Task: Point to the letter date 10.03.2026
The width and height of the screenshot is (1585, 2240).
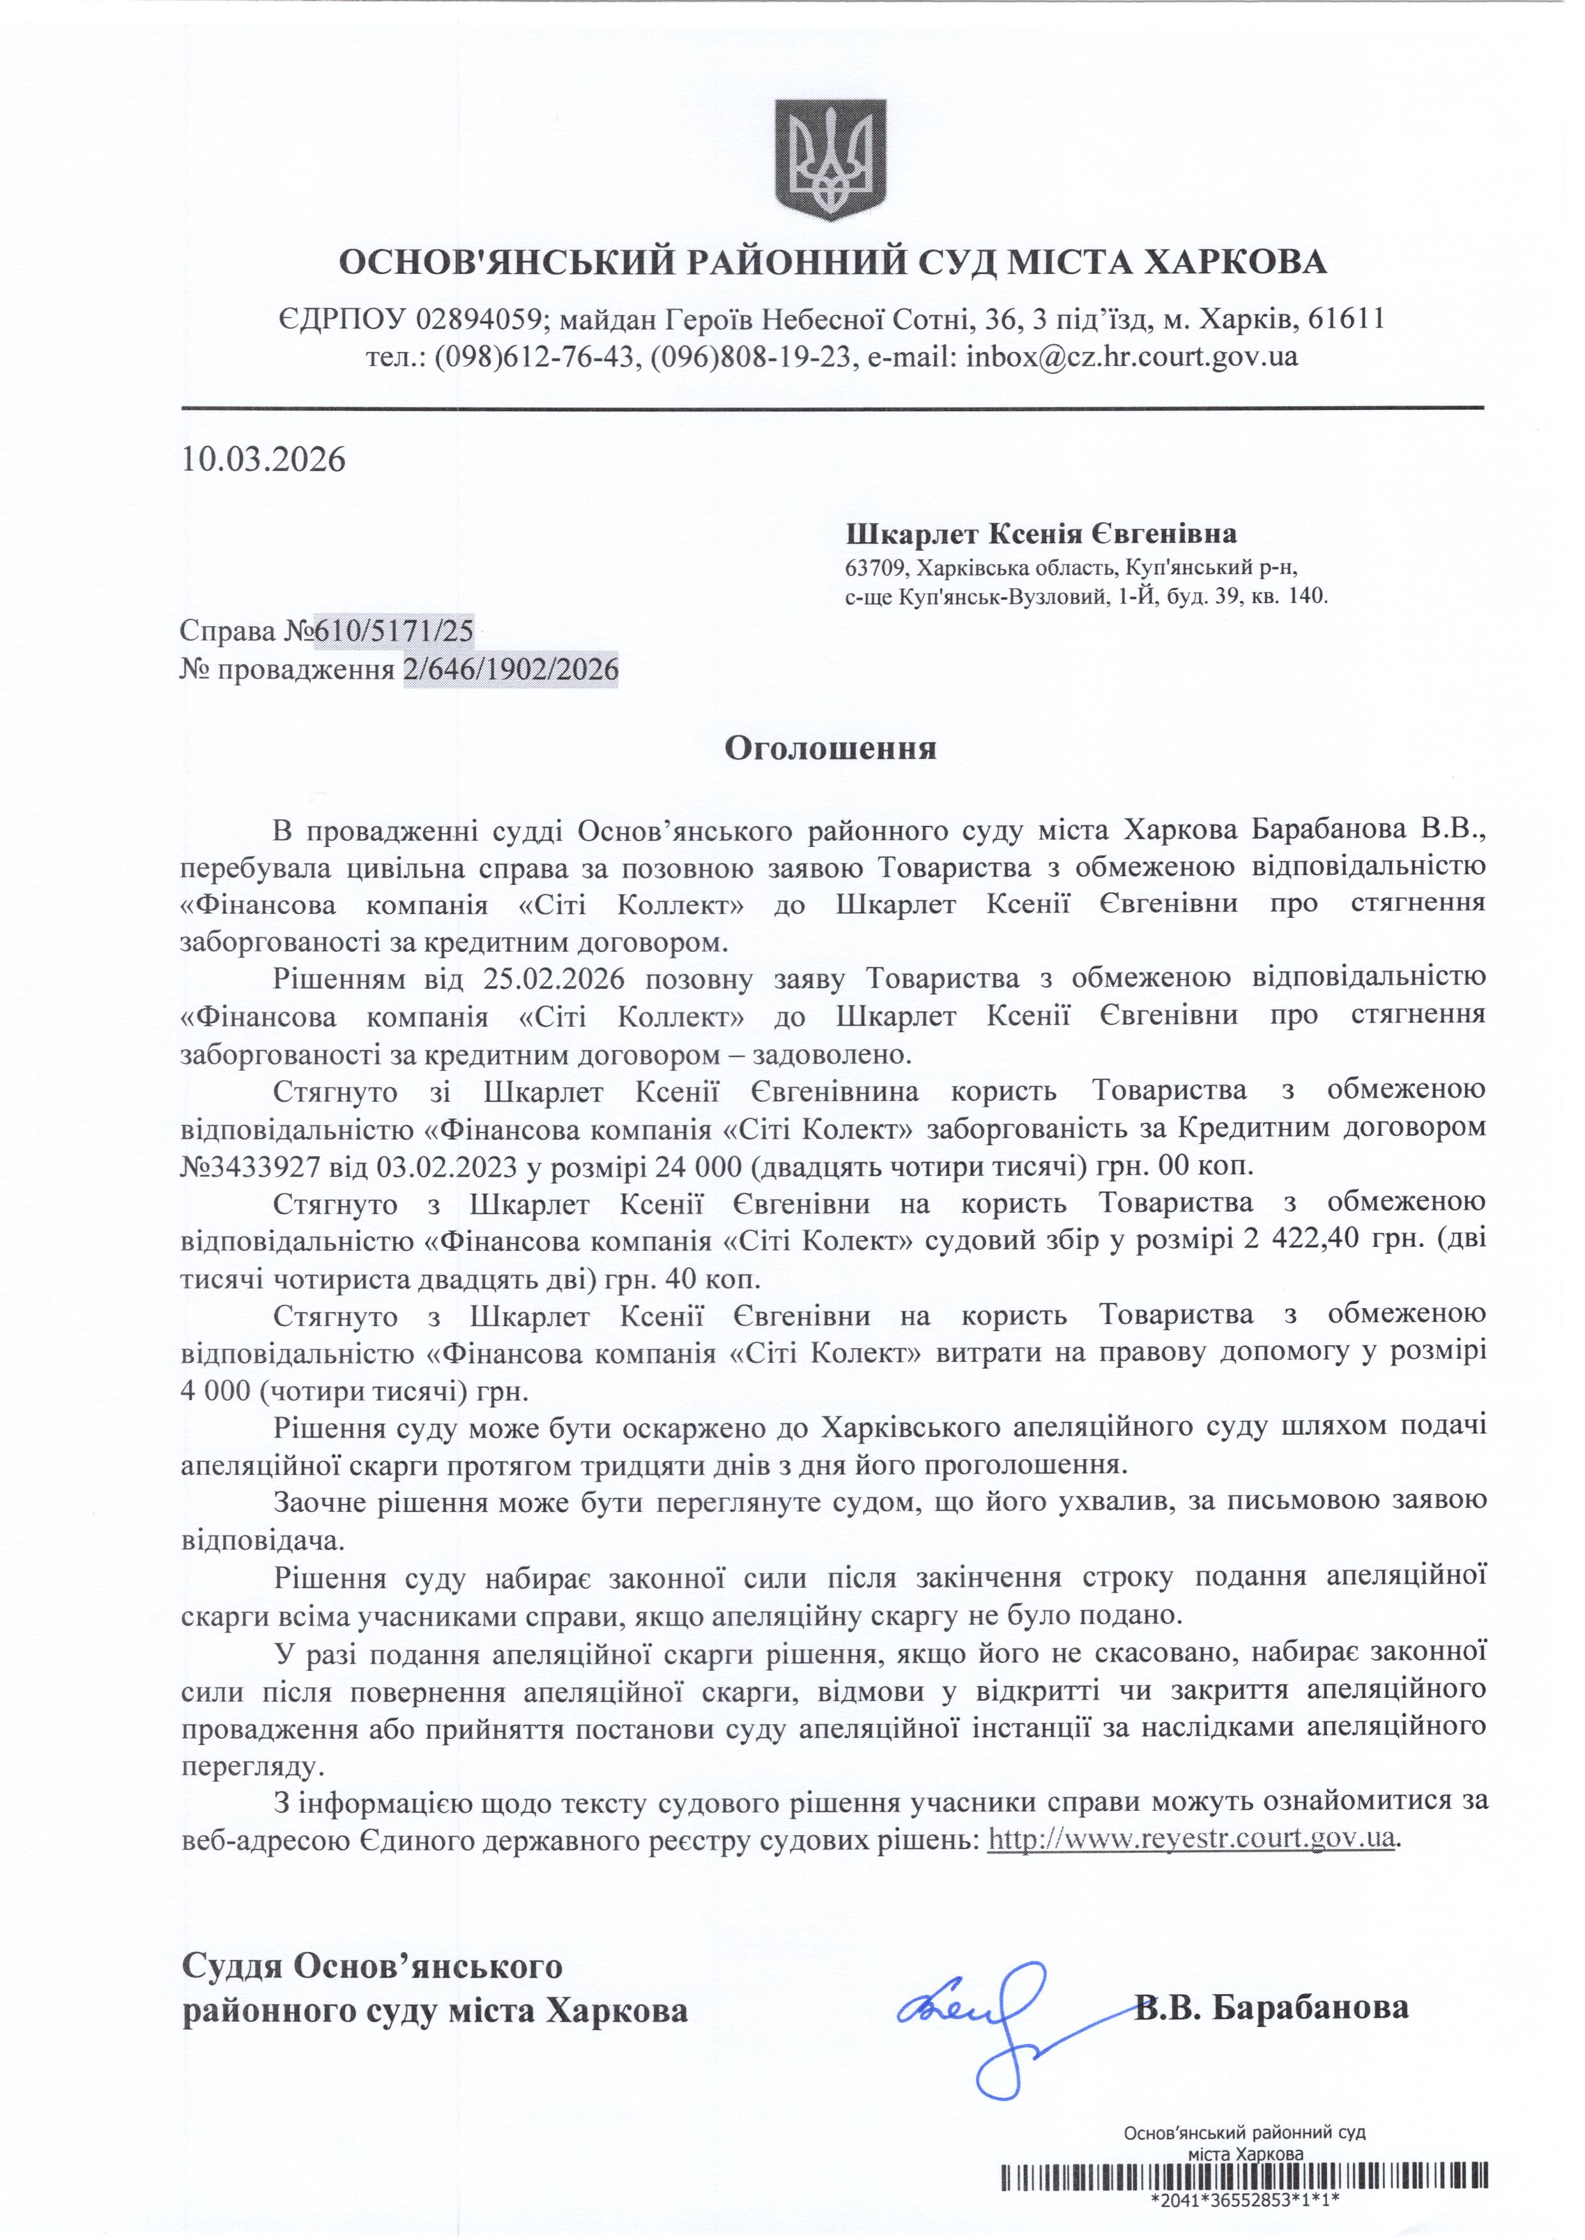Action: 263,459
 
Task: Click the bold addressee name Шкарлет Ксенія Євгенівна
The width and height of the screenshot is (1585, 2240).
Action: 1041,534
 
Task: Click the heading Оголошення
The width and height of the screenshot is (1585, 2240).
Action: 830,749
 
